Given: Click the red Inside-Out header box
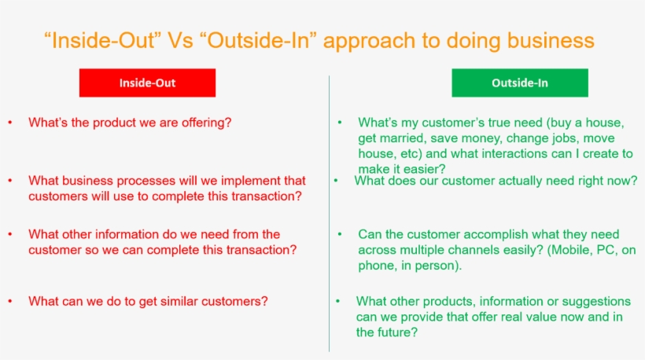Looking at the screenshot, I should coord(147,83).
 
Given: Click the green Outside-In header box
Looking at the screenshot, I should coord(519,83).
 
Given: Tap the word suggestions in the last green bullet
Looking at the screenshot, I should coord(594,301).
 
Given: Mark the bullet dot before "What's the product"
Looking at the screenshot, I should coord(10,123).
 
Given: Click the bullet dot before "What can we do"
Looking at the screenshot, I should coord(10,301).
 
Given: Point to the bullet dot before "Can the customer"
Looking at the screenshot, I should coord(340,234).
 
